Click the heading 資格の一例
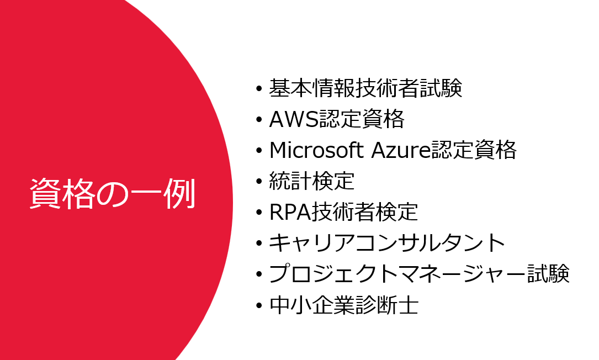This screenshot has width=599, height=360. click(113, 194)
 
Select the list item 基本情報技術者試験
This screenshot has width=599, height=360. click(365, 88)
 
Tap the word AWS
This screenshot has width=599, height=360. click(294, 119)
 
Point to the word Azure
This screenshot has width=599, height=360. click(401, 150)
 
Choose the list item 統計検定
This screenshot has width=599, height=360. click(312, 181)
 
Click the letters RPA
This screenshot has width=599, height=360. click(290, 211)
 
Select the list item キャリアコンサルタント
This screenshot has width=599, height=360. click(387, 243)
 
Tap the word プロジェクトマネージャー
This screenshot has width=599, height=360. click(397, 274)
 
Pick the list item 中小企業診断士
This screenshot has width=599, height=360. click(344, 305)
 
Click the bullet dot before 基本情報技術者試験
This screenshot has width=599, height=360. click(259, 89)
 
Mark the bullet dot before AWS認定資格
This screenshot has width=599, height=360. click(259, 120)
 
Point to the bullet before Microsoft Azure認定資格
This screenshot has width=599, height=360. click(259, 151)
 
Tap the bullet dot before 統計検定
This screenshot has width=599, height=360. click(259, 182)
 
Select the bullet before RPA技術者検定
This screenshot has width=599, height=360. click(259, 213)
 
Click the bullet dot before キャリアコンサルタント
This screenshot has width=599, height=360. click(259, 243)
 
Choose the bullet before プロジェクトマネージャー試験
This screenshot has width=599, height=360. click(259, 274)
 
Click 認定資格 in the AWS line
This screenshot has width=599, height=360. click(362, 119)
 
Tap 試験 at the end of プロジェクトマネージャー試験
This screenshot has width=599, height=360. click(548, 274)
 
